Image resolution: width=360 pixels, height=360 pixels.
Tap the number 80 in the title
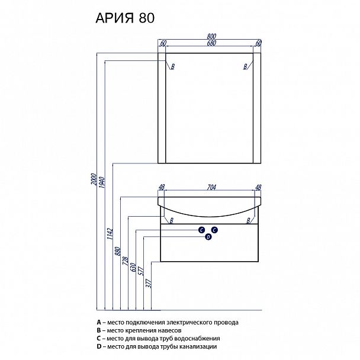click(x=147, y=17)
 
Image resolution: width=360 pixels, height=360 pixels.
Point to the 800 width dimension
click(x=211, y=37)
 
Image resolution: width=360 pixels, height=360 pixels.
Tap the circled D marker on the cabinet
click(x=208, y=237)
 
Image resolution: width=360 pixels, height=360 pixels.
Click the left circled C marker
click(x=201, y=230)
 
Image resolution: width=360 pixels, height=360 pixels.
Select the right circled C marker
click(x=215, y=230)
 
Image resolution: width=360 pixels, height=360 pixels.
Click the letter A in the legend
click(x=99, y=323)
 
